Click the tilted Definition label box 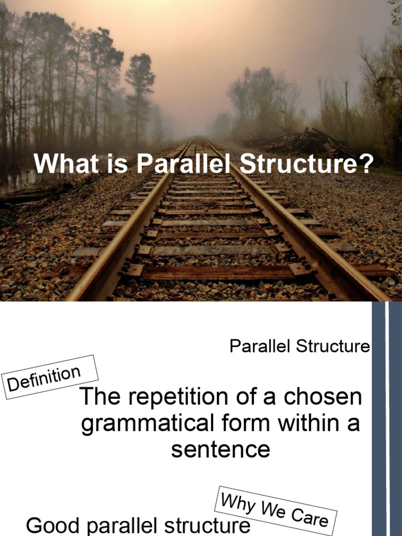tap(50, 377)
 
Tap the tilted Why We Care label tap(275, 509)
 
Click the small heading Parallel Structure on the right tap(300, 347)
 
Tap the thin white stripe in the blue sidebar tap(387, 419)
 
